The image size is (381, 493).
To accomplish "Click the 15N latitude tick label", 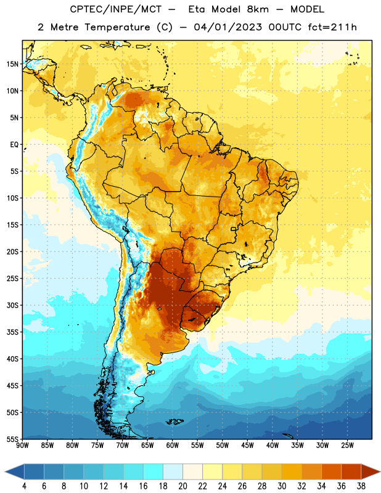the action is coord(12,64).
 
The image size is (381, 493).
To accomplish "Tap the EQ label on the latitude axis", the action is coord(14,145).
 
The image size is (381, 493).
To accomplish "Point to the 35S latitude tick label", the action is coord(12,332).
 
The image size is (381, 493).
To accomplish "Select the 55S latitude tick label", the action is coord(12,439).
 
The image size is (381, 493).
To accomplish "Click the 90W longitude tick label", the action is coord(22,446).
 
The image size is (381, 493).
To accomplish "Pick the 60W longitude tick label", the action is coord(173,446).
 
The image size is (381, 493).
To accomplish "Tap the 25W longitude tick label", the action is coord(347,446).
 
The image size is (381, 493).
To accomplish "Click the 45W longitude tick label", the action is coord(247,446).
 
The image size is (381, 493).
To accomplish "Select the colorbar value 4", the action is coord(24,486).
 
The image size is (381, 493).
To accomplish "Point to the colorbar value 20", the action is coord(182,486).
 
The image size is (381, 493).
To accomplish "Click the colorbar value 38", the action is coord(361,486).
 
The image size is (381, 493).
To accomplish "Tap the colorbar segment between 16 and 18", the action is coord(154,472).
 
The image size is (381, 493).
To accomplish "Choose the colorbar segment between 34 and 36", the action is coord(332,472).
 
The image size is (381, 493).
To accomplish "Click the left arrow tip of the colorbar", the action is coord(5,472).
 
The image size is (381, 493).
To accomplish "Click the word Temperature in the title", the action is coord(117,27).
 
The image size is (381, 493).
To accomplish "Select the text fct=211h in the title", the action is coord(332,27).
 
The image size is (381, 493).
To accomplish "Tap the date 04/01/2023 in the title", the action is coord(227,27).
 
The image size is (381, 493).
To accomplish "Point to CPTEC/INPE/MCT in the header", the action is coord(115,9).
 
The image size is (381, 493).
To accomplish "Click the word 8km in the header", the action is coord(258,9).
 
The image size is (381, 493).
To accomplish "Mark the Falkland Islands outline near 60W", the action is coord(174,422).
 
